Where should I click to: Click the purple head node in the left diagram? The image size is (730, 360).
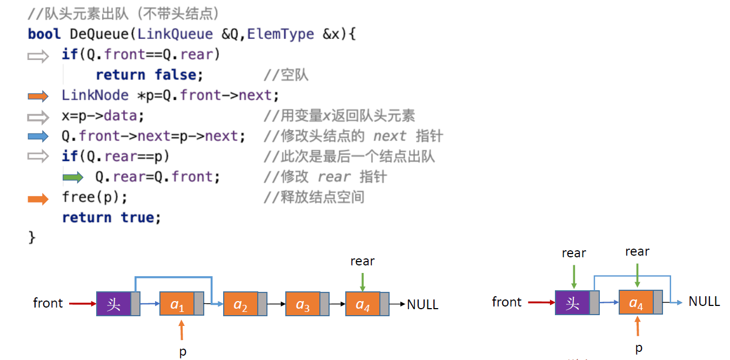[x=113, y=304]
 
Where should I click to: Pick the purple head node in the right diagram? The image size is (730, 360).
[x=572, y=303]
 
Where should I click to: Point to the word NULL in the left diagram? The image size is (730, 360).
[x=423, y=304]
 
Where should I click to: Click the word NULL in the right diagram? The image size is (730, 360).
[x=704, y=301]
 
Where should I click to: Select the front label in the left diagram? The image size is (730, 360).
[x=48, y=303]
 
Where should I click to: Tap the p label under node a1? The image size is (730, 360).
[x=183, y=351]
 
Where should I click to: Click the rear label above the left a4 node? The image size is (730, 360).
[x=362, y=261]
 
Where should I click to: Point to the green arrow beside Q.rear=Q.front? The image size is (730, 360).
[x=72, y=177]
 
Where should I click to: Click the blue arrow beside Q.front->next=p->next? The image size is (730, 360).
[x=38, y=136]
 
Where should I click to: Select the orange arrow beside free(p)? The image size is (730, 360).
[x=38, y=198]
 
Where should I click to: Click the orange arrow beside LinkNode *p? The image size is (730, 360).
[x=38, y=96]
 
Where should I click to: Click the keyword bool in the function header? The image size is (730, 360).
[x=44, y=34]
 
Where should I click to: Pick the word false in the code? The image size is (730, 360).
[x=176, y=75]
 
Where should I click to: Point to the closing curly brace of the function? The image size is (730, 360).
[x=31, y=237]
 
